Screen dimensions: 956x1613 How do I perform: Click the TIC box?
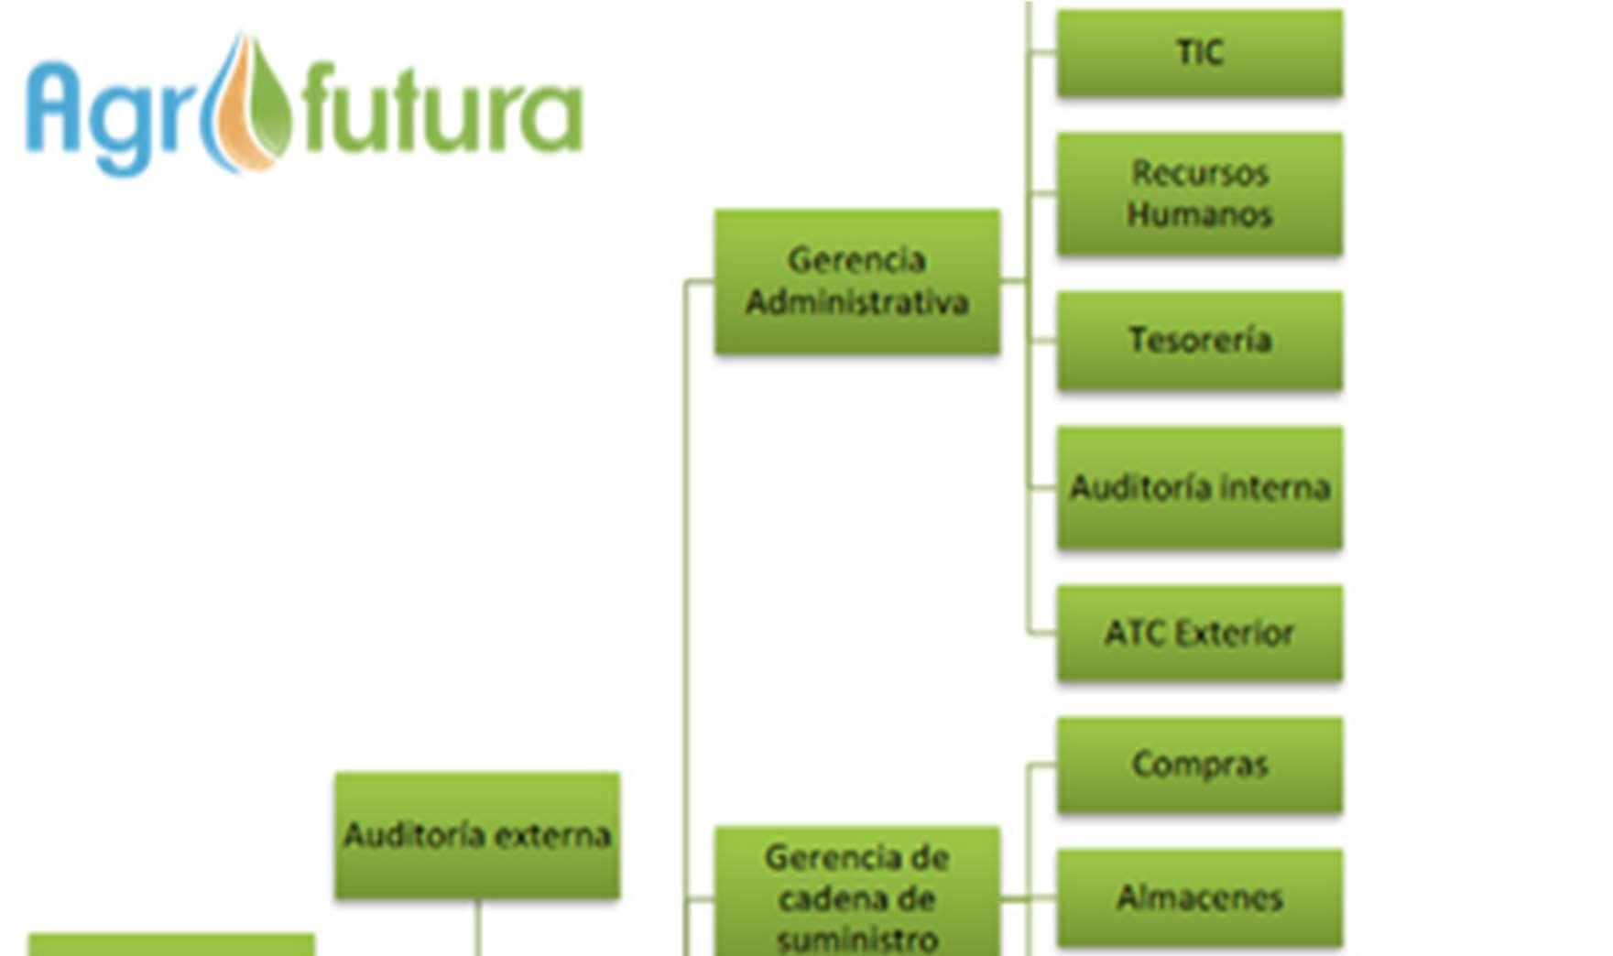1199,53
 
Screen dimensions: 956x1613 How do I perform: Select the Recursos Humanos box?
1199,193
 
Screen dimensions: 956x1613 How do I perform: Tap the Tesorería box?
1199,341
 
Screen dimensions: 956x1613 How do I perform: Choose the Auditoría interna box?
1199,487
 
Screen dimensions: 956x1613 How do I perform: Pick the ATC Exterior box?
1199,633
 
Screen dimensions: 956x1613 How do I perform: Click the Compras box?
1199,765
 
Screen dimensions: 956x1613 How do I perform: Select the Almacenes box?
1199,897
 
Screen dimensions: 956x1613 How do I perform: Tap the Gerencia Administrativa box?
856,281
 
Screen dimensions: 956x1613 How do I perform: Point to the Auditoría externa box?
477,835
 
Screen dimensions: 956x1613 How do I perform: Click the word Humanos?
1199,214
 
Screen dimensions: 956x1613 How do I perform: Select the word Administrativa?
856,302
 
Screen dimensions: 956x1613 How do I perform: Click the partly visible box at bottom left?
171,945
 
